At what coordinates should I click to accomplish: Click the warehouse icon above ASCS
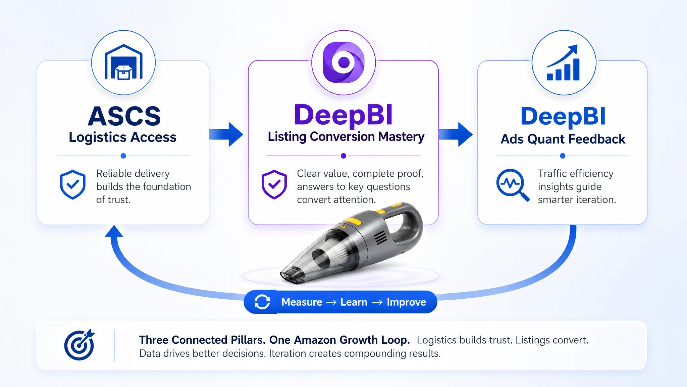point(123,62)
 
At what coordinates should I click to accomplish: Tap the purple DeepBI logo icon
point(343,62)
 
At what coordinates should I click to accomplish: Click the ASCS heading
point(124,116)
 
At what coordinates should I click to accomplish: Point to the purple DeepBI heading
point(343,115)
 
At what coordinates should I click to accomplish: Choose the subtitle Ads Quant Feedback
point(563,139)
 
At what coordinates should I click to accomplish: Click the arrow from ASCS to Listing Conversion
point(226,134)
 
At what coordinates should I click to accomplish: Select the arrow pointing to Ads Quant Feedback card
point(456,134)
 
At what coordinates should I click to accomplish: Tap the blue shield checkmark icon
point(73,184)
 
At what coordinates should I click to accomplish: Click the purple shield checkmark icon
point(274,184)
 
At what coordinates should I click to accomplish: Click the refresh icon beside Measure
point(262,302)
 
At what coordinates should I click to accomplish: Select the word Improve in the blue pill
point(406,302)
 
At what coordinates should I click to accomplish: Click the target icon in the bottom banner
point(80,345)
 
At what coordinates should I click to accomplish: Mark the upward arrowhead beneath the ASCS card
point(114,231)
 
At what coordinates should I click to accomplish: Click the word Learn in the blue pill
point(354,302)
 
